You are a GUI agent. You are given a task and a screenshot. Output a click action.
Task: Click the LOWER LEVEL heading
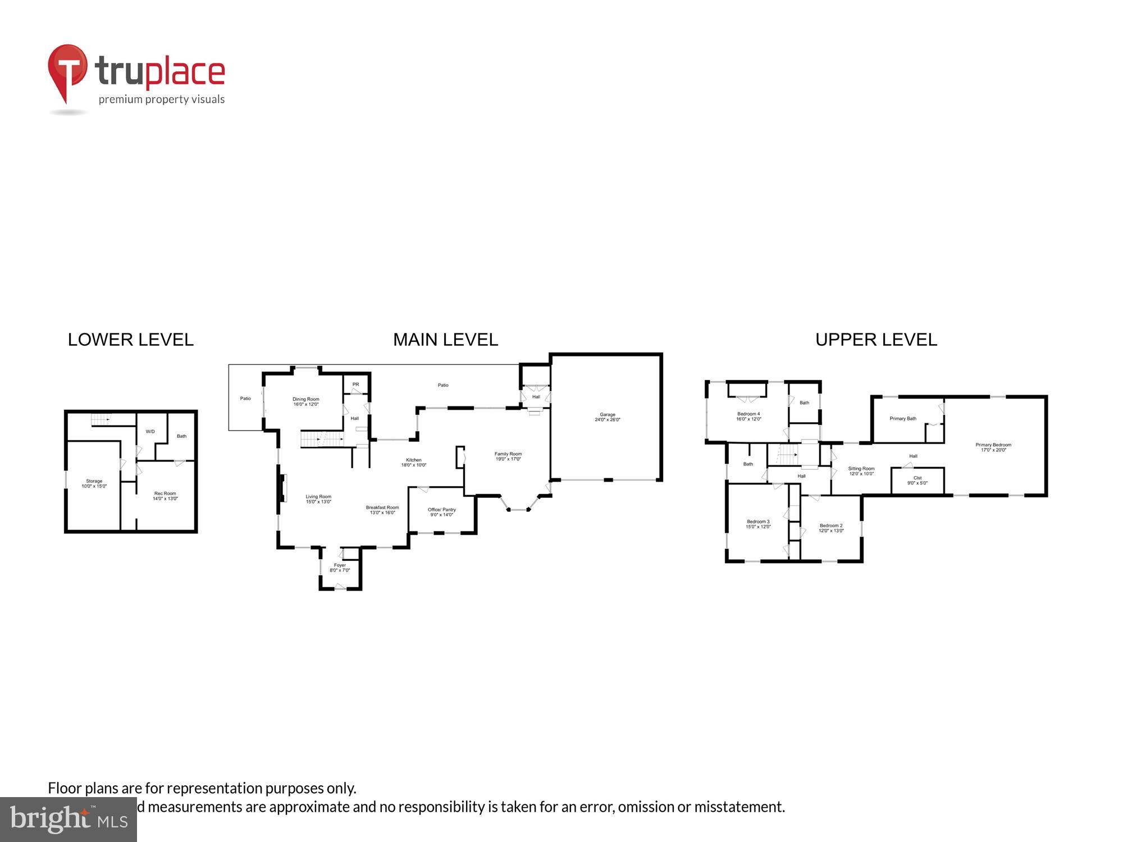130,340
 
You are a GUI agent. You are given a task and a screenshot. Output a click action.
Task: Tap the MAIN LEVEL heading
445,340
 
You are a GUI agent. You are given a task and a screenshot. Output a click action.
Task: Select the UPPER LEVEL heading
876,340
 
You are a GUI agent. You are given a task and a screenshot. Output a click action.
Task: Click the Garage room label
607,417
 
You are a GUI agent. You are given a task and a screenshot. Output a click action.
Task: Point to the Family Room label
508,456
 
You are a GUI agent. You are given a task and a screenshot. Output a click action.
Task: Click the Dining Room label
305,401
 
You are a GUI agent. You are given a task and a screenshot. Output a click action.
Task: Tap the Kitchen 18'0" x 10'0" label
413,463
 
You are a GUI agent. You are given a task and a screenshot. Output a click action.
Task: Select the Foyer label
340,568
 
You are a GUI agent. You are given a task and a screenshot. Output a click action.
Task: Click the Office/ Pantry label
442,512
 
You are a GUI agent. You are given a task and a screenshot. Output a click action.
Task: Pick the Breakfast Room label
382,510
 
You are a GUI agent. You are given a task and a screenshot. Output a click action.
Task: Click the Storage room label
94,483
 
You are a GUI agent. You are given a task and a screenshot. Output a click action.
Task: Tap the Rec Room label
165,496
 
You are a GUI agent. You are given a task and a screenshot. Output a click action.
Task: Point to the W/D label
150,432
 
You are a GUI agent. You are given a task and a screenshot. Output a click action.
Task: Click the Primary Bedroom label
993,447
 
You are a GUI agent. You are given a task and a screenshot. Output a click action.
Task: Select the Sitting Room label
861,471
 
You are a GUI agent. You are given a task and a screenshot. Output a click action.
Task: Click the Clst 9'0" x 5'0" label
917,480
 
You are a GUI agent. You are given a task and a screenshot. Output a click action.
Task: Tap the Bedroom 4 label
748,416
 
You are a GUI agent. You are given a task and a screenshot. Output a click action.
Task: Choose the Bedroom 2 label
830,528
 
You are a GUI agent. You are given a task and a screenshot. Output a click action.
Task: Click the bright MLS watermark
69,820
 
